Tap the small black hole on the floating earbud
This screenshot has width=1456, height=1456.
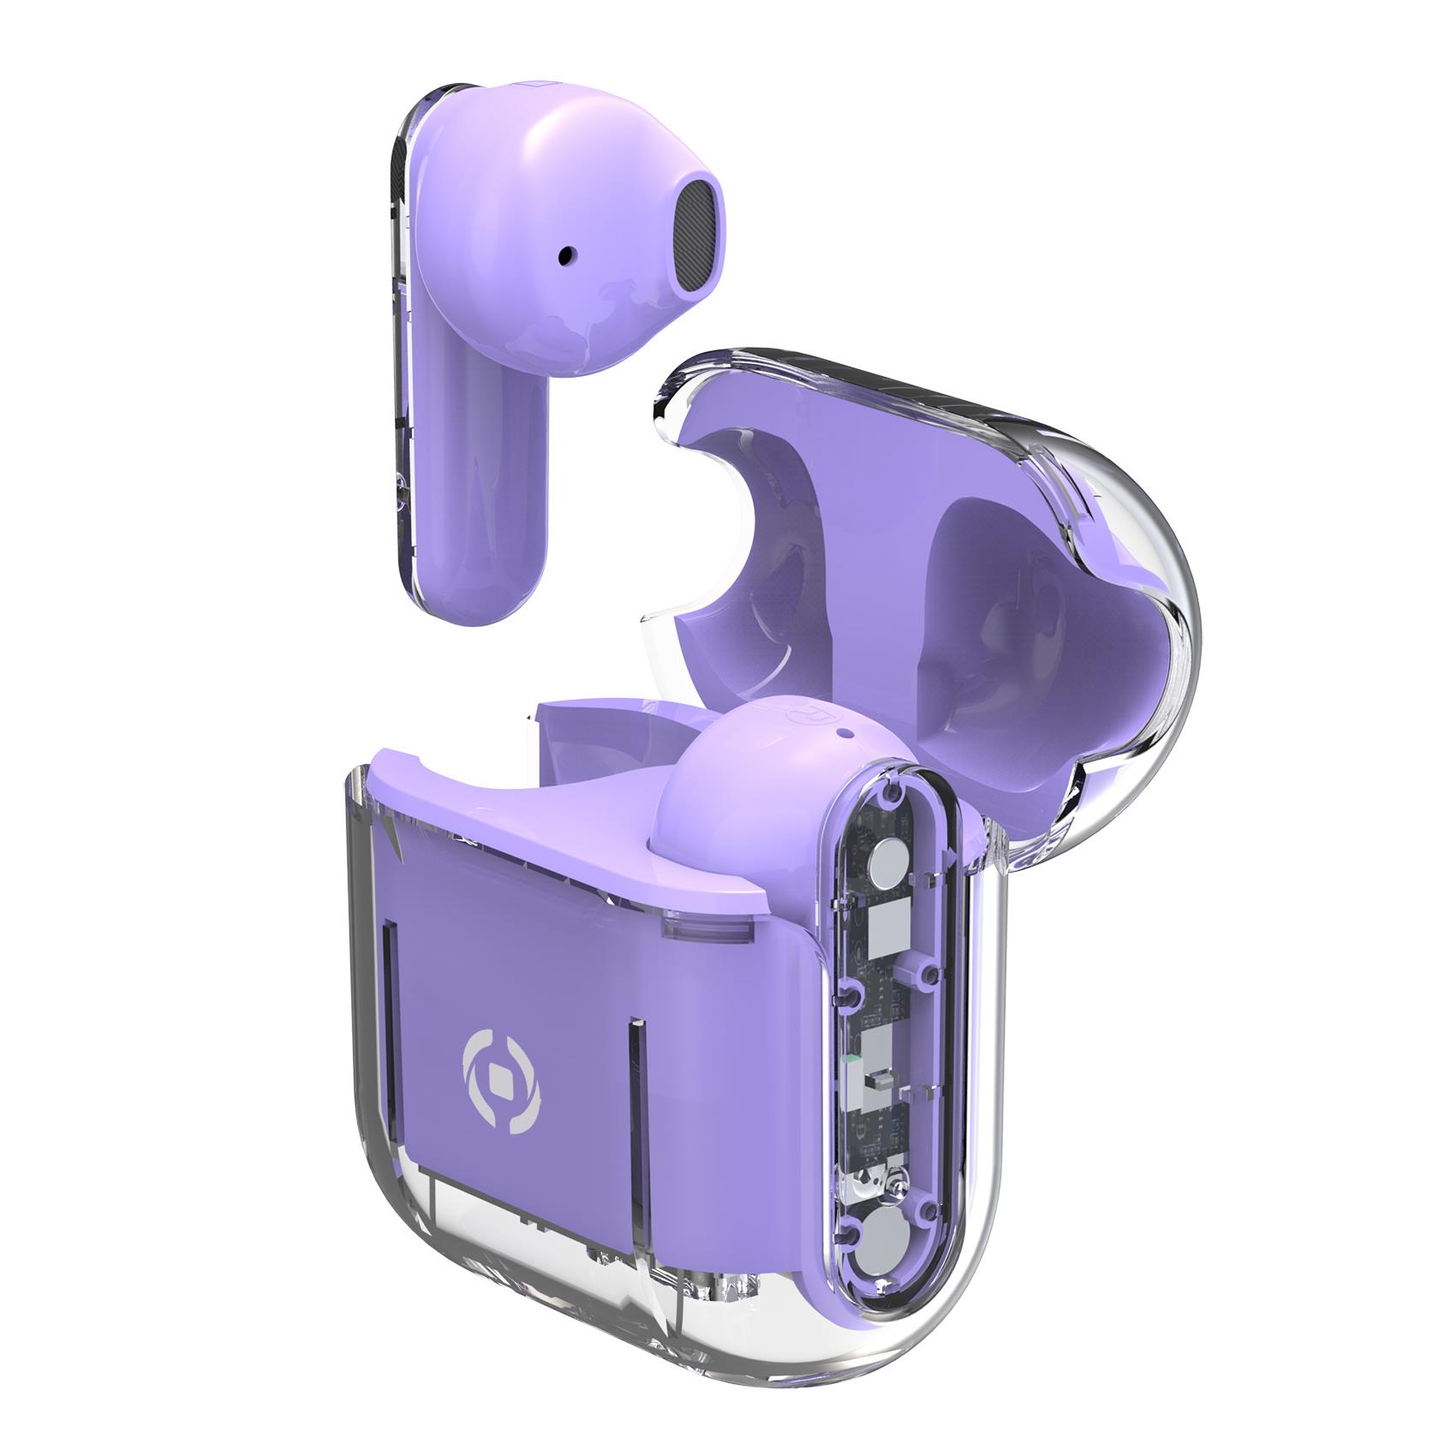566,254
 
